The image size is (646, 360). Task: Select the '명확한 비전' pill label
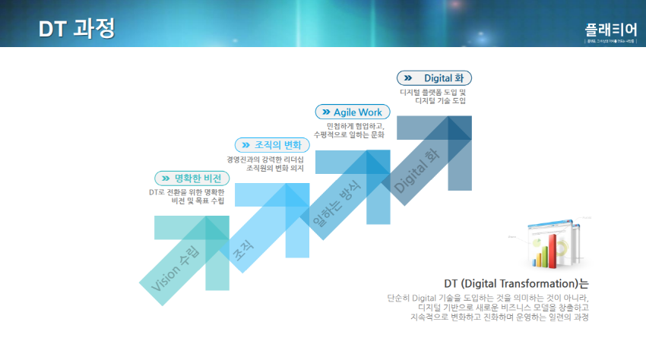tap(197, 178)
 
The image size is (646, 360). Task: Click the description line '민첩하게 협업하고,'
tap(356, 126)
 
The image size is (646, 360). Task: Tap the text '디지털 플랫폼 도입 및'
tap(432, 92)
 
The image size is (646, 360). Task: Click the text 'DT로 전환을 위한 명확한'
tap(187, 193)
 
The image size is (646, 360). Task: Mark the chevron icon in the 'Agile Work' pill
tap(326, 112)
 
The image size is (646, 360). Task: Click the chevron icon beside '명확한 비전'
tap(166, 178)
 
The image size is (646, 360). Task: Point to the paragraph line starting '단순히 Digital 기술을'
tap(487, 298)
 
